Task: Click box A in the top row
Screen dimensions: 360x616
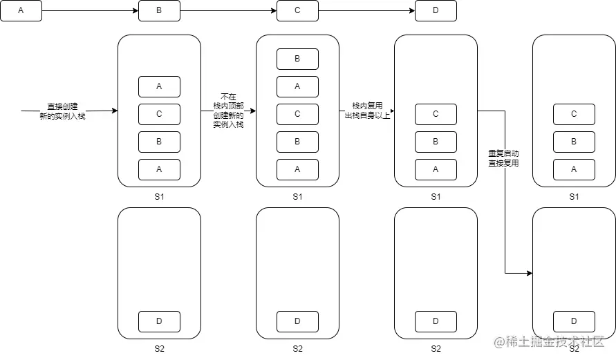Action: point(21,11)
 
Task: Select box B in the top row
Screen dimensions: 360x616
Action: point(159,11)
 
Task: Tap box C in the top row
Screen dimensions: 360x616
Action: point(297,11)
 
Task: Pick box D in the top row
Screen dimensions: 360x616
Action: point(436,11)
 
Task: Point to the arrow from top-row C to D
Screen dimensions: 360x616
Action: point(366,11)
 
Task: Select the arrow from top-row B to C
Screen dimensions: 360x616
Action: point(228,11)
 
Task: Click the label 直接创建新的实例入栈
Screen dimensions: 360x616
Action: point(62,111)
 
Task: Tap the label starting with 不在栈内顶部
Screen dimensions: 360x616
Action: point(228,111)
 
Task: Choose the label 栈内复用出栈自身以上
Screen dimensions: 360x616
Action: point(366,111)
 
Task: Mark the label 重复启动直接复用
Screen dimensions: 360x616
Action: point(503,158)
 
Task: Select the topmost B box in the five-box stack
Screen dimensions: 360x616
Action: point(297,59)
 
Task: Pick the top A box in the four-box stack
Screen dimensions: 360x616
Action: point(159,86)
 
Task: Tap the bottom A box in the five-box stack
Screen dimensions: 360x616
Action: point(297,169)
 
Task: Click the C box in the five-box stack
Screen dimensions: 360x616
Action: point(297,114)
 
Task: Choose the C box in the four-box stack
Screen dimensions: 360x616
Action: point(159,114)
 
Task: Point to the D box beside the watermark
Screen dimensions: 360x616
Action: point(574,321)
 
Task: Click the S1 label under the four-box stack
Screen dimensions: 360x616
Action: point(159,197)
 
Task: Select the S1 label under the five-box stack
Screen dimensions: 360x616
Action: point(297,197)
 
